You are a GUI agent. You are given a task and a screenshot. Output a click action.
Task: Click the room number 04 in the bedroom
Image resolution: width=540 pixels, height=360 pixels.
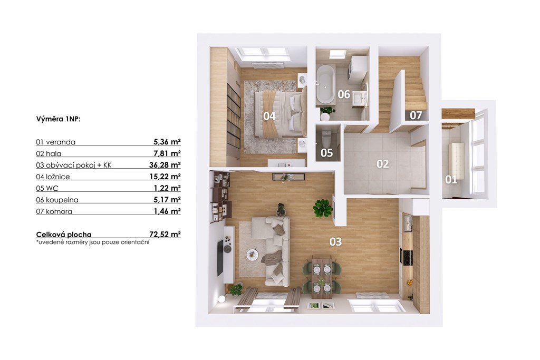[x=269, y=116]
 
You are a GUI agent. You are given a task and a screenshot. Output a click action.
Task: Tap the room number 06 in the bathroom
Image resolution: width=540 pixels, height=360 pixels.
[x=344, y=94]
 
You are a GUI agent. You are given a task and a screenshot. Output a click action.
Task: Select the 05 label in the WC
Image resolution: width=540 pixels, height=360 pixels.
[x=326, y=153]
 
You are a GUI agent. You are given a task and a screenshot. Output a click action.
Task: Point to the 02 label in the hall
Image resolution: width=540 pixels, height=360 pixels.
[x=382, y=164]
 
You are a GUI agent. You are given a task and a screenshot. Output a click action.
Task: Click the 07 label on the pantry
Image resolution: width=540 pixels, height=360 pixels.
[x=416, y=115]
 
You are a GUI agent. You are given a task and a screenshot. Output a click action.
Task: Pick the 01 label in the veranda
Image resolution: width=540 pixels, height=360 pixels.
[x=451, y=179]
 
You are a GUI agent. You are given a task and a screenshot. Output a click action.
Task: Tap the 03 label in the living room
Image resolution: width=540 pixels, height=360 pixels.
[x=335, y=242]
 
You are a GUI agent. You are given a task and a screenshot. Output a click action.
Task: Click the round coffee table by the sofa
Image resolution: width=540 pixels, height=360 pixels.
[x=253, y=255]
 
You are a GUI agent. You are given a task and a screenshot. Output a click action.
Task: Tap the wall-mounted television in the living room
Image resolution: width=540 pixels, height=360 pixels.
[x=220, y=258]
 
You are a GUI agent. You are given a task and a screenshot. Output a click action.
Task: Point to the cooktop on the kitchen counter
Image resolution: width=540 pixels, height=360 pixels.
[x=407, y=257]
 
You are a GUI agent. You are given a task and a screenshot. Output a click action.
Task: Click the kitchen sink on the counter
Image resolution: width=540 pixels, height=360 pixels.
[x=408, y=222]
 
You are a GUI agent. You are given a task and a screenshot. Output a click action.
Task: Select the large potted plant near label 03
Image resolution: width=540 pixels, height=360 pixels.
[x=322, y=208]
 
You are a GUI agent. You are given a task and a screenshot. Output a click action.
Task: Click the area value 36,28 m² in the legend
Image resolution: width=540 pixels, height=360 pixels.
[x=165, y=165]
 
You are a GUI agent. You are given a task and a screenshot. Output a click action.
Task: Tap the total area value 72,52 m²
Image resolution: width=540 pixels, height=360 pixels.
[x=165, y=235]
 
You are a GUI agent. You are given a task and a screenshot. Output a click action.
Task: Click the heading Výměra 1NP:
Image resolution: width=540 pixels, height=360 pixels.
[x=58, y=120]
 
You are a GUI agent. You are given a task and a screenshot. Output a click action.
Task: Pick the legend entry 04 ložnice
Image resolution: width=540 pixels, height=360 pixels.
[x=53, y=177]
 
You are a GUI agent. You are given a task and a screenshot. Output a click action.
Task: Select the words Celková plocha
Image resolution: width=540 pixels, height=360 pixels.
[x=64, y=235]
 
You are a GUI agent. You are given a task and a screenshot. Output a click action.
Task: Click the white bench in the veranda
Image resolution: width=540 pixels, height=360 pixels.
[x=456, y=161]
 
